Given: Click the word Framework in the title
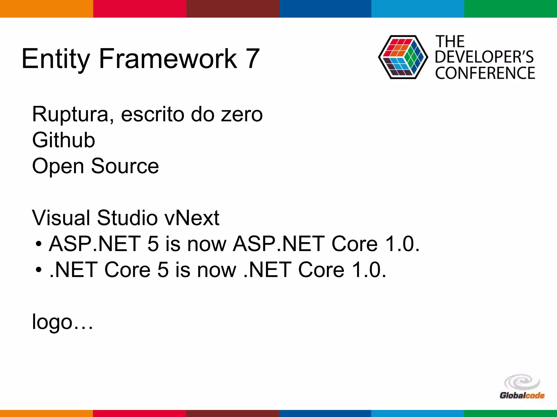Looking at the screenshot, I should (168, 58).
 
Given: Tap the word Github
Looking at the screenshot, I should (63, 140).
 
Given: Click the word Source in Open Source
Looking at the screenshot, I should (125, 166).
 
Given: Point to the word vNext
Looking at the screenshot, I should (192, 218).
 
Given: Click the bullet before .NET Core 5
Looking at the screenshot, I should (39, 270).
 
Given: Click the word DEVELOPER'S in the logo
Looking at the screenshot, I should (484, 57).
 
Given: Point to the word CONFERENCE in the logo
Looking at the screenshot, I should (485, 73).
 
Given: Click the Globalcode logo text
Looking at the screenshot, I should (522, 395).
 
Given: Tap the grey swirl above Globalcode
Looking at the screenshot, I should (522, 382).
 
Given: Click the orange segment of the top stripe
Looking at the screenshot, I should (46, 9).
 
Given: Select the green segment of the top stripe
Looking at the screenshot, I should (510, 9).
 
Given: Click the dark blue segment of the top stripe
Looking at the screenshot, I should (325, 9).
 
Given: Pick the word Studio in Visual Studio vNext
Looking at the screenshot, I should (127, 218).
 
